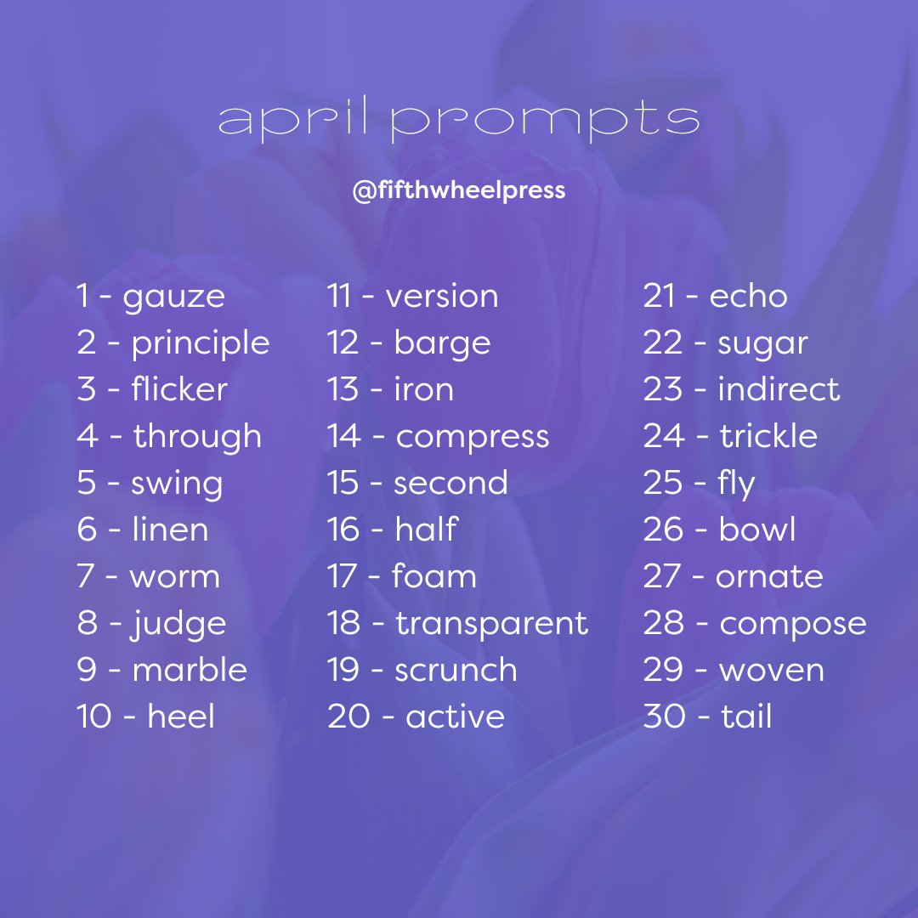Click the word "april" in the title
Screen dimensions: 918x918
click(x=294, y=121)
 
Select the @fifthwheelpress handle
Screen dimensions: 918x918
click(x=459, y=190)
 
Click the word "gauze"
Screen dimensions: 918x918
click(x=174, y=297)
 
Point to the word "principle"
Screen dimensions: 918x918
click(x=201, y=343)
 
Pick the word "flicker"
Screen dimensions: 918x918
click(x=179, y=389)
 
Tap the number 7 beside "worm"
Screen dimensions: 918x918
click(x=85, y=576)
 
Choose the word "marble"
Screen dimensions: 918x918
click(x=190, y=670)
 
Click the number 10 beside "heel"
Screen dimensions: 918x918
click(x=95, y=717)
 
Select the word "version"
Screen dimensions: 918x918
click(x=442, y=297)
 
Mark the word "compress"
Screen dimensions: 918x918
click(x=473, y=437)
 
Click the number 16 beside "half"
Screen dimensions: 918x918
click(x=344, y=530)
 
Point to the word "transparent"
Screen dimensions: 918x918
click(x=491, y=623)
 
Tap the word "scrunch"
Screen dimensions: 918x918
click(x=456, y=670)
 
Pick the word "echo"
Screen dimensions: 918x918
click(x=748, y=297)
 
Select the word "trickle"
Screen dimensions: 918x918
click(x=768, y=437)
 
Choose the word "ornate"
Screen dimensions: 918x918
click(x=769, y=576)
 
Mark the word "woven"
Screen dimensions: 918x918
click(x=771, y=670)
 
